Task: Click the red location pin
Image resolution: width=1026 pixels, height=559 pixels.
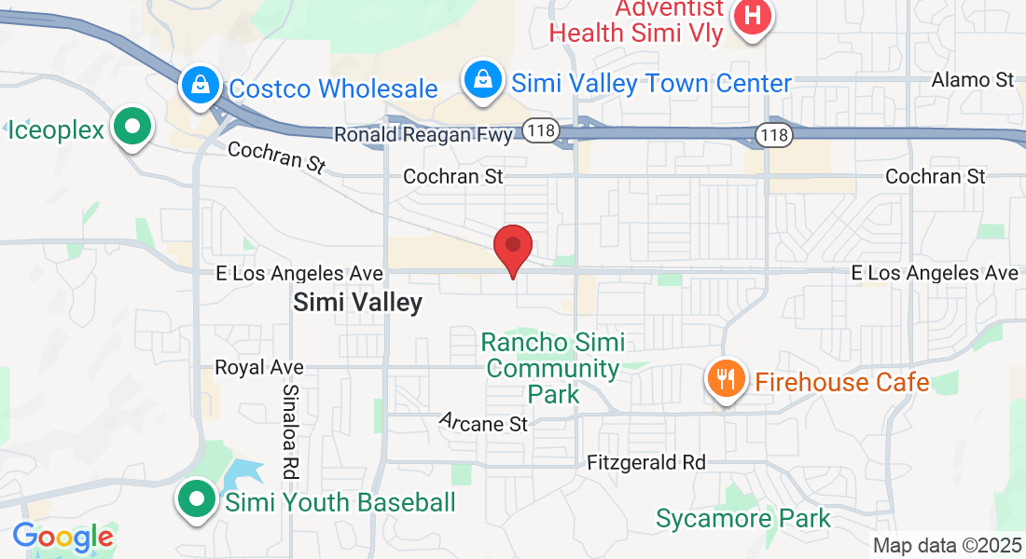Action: [512, 248]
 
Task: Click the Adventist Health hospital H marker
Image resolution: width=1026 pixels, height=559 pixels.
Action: [753, 17]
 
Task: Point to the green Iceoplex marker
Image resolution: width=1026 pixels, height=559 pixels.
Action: [132, 127]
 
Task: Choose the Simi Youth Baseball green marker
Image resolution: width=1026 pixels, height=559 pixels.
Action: [197, 500]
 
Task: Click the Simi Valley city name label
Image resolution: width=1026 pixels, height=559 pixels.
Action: [357, 302]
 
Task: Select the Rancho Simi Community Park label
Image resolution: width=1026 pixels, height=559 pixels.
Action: [553, 368]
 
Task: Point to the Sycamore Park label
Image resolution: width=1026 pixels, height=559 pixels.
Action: [742, 518]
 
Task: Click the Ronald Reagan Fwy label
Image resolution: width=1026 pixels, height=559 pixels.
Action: [423, 135]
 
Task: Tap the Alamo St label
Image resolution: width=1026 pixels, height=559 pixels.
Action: [973, 80]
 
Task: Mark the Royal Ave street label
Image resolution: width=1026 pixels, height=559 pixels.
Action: [259, 367]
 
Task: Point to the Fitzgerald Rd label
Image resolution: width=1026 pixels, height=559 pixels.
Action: [645, 462]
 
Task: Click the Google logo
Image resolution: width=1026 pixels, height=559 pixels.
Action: [62, 538]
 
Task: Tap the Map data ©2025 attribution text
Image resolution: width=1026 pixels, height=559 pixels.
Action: [946, 546]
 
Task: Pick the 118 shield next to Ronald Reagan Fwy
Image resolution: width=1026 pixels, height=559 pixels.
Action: [541, 130]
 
